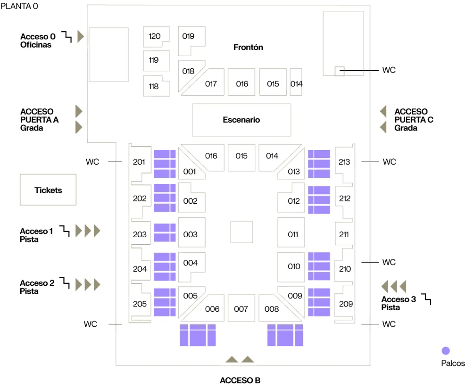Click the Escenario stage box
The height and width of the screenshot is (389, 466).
click(241, 120)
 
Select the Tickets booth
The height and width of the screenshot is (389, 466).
click(48, 190)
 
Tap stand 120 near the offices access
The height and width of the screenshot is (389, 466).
click(155, 36)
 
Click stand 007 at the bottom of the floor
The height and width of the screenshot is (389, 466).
click(241, 309)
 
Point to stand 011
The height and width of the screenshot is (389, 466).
click(293, 234)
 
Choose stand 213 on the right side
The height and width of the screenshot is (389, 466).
click(344, 162)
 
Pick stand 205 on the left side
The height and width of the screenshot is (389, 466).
click(140, 304)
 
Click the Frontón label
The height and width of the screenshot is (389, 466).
click(248, 47)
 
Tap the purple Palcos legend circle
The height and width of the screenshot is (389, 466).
click(445, 351)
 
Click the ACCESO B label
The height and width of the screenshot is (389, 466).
click(240, 380)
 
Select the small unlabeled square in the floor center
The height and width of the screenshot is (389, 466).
click(241, 232)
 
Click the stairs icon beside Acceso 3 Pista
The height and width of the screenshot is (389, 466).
click(426, 298)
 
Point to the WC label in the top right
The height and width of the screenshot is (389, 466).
click(389, 70)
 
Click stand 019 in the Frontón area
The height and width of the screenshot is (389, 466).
click(188, 36)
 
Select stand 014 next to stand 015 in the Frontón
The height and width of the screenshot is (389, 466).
click(296, 83)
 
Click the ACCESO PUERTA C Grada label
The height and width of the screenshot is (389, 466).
click(414, 119)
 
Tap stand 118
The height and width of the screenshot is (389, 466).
click(154, 86)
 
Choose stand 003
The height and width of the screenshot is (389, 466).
click(191, 234)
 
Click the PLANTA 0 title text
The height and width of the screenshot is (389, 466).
click(19, 6)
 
